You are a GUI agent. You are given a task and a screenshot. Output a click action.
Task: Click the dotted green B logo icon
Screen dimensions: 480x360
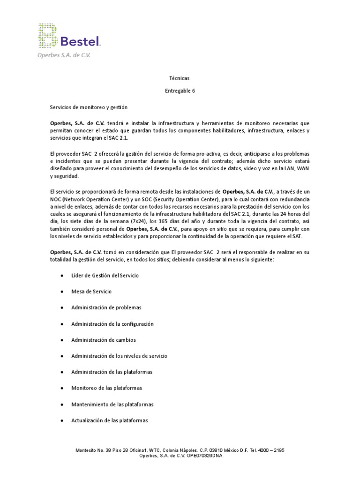48,36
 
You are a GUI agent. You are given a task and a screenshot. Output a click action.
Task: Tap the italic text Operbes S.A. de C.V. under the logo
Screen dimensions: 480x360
64,55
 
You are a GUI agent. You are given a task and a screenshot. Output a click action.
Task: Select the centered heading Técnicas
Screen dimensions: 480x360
180,78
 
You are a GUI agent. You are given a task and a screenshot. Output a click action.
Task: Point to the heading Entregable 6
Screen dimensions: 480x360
180,91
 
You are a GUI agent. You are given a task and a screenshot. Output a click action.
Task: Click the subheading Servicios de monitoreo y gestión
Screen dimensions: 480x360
89,107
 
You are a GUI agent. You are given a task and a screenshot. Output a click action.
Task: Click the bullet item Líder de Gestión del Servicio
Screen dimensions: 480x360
105,276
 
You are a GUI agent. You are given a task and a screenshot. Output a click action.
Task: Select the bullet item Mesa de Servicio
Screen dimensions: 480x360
91,292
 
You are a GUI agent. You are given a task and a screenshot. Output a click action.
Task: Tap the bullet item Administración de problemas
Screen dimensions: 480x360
106,307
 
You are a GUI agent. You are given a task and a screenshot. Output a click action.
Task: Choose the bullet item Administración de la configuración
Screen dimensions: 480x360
112,324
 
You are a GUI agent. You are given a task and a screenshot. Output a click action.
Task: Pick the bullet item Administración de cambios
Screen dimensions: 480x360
104,340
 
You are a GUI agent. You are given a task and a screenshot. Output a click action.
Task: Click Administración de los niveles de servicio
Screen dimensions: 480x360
119,356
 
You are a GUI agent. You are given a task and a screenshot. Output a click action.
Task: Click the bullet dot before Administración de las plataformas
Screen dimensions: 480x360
62,372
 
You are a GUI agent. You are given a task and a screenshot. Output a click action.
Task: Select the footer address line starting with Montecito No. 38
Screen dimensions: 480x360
180,450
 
